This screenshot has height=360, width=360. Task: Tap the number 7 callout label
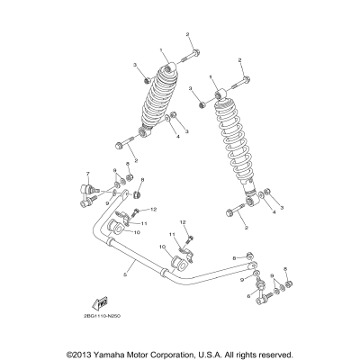pos(88,173)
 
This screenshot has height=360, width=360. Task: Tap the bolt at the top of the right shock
pos(241,83)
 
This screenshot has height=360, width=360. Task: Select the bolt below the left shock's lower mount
pos(120,144)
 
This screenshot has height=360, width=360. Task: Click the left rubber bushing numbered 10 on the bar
pos(118,230)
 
